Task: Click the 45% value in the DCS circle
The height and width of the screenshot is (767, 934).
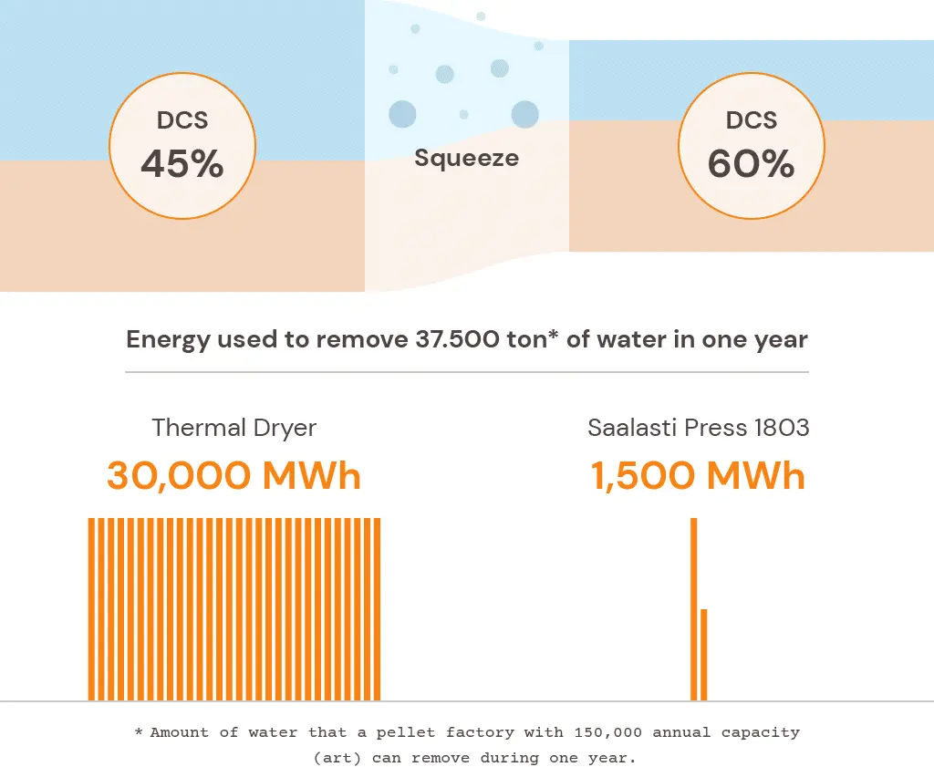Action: coord(182,164)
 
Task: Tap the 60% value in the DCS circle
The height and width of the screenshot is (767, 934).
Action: coord(751,164)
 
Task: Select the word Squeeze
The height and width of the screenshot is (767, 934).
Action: coord(466,158)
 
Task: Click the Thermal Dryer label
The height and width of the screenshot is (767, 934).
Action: coord(233,428)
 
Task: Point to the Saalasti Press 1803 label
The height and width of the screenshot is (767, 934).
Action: coord(698,428)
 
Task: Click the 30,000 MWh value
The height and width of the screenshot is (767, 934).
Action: coord(233,475)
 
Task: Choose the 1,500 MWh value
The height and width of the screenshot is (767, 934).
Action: coord(698,475)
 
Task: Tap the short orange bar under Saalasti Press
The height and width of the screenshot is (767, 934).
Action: coord(704,654)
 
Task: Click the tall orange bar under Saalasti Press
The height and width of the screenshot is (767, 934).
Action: coord(694,608)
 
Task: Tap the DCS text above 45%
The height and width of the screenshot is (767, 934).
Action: coord(182,120)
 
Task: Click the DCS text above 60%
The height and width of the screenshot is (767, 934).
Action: coord(751,120)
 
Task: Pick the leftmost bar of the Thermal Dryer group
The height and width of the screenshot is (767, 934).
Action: coord(91,608)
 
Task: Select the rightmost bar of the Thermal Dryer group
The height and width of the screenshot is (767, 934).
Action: coord(377,608)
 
